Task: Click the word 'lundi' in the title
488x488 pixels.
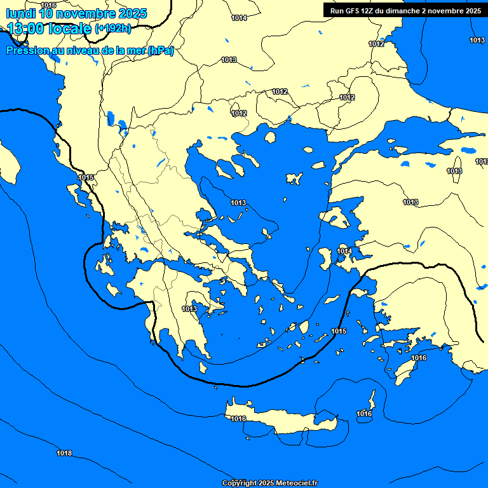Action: (21, 13)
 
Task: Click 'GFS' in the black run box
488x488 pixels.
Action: (356, 11)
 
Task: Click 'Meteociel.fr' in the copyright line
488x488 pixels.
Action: (295, 483)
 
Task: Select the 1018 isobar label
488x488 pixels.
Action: (64, 453)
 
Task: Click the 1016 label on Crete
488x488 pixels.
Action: (238, 419)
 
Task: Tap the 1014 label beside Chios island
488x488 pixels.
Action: (344, 252)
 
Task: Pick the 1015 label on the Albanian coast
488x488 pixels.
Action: (86, 177)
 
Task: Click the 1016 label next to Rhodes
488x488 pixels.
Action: (419, 358)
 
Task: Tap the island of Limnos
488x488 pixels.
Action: (294, 178)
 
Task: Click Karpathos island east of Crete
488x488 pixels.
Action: (372, 401)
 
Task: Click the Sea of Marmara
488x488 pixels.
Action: (407, 130)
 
